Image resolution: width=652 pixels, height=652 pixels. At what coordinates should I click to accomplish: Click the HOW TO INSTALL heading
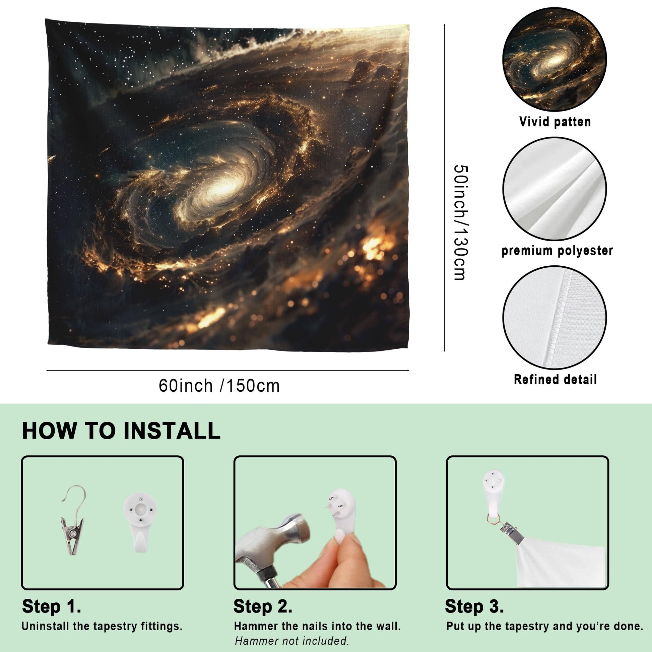tap(121, 431)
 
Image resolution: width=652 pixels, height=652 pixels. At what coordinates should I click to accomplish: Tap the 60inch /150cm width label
tap(219, 386)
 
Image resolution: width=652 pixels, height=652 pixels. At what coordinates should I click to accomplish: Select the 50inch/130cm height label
tap(460, 222)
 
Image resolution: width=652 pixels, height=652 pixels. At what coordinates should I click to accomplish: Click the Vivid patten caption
tap(555, 122)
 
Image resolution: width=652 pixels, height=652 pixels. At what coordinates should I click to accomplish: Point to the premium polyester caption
tap(557, 251)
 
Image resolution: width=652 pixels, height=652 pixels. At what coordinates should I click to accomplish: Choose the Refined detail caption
tap(555, 379)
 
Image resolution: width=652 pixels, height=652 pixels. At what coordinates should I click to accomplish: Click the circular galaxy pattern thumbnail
tap(555, 59)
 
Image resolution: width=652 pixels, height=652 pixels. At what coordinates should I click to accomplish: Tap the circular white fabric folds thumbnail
tap(555, 189)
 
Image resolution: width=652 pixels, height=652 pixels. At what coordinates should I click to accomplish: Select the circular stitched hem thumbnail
tap(555, 318)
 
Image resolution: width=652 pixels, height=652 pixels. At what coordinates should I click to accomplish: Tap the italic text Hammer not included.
tap(291, 641)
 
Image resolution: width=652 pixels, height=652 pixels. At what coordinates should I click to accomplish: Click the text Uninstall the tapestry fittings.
tap(102, 626)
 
